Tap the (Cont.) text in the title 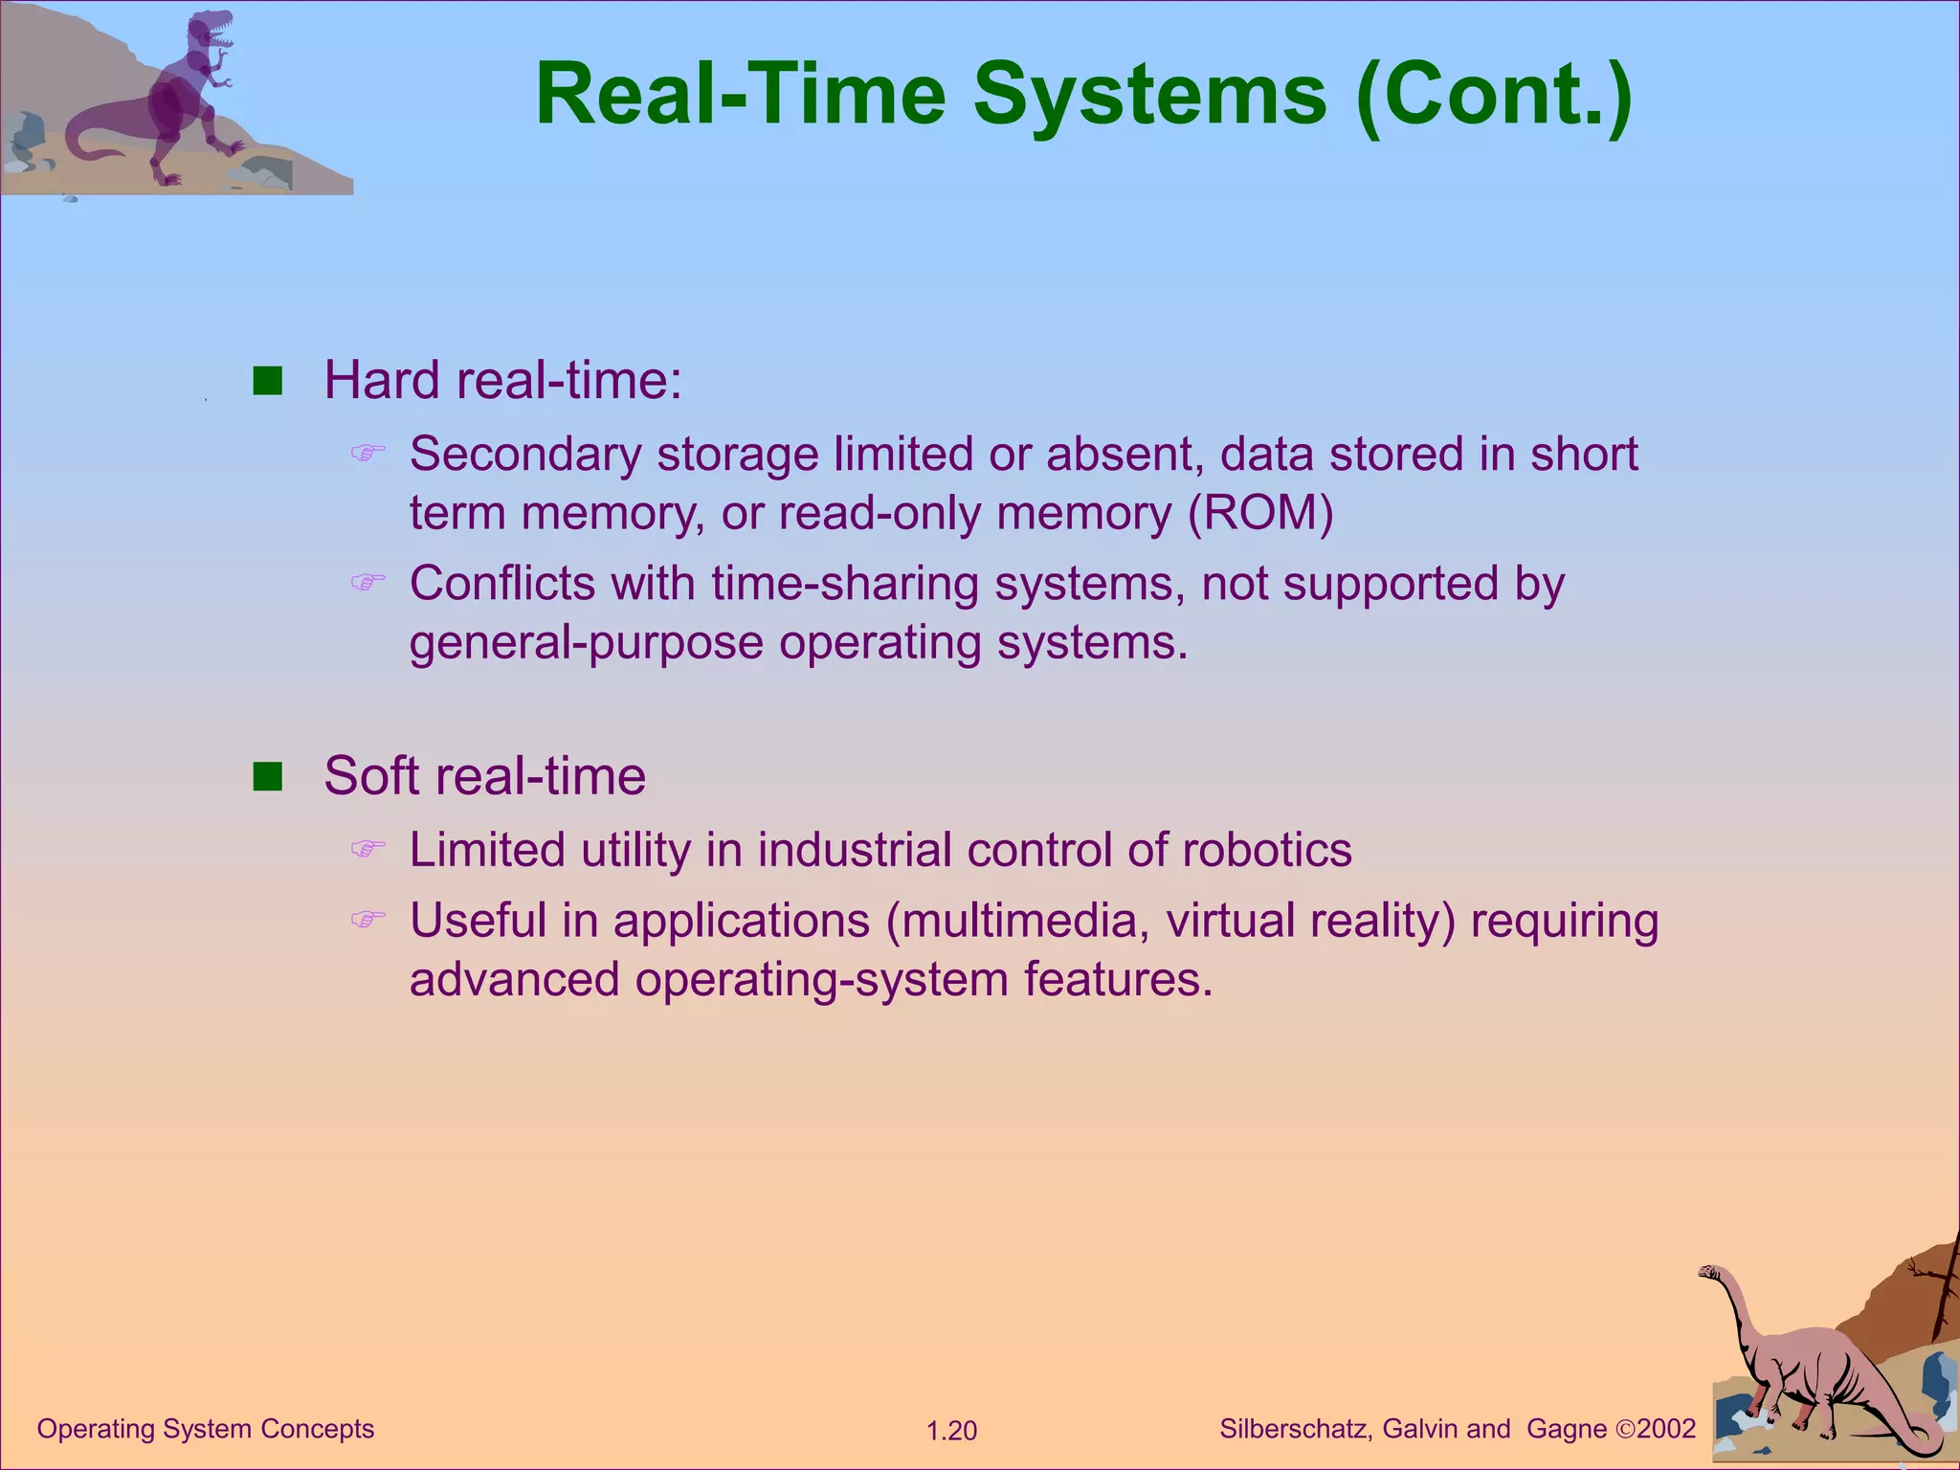point(1495,96)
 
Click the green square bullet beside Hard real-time point(268,381)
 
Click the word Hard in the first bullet point(383,380)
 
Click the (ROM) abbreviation point(1260,513)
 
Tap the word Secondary point(525,455)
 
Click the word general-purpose point(586,642)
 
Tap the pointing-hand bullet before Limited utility point(367,849)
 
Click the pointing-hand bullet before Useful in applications point(367,920)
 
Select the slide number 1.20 point(951,1431)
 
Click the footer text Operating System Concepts point(205,1429)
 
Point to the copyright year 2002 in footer point(1666,1429)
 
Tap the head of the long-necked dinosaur point(1709,1273)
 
